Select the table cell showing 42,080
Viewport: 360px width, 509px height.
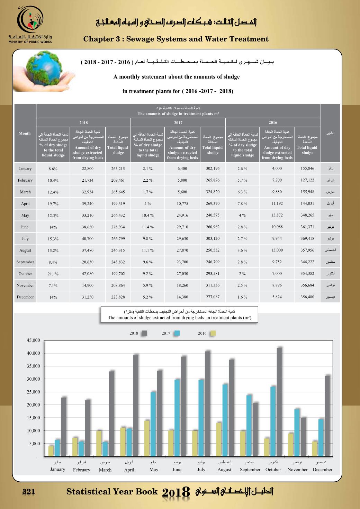(x=88, y=274)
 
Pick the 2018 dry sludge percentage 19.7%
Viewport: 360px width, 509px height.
(x=53, y=204)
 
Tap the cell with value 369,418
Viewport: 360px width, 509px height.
(x=307, y=239)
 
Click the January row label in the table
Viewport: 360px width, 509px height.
(x=25, y=169)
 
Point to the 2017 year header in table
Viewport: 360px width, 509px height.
(x=178, y=122)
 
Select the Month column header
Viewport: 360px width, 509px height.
(x=25, y=133)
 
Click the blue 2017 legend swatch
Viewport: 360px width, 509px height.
(x=177, y=333)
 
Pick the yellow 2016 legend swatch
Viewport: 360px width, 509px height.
(x=213, y=333)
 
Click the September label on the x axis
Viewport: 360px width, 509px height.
(x=250, y=470)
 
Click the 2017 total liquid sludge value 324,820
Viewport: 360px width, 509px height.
(x=213, y=192)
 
